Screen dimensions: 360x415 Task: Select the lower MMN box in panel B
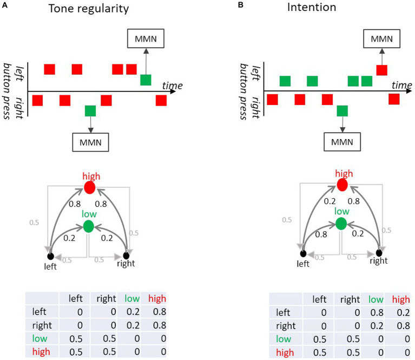(x=342, y=142)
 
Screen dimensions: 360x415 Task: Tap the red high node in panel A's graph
(x=89, y=188)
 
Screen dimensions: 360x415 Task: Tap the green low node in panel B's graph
(x=341, y=223)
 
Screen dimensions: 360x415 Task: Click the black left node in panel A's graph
(x=50, y=256)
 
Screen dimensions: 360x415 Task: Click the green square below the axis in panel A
(x=90, y=111)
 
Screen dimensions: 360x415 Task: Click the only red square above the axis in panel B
(x=381, y=69)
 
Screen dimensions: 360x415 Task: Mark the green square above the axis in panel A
(x=146, y=80)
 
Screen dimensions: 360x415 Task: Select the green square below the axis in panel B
(x=342, y=111)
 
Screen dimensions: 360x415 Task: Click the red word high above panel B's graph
(x=342, y=173)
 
